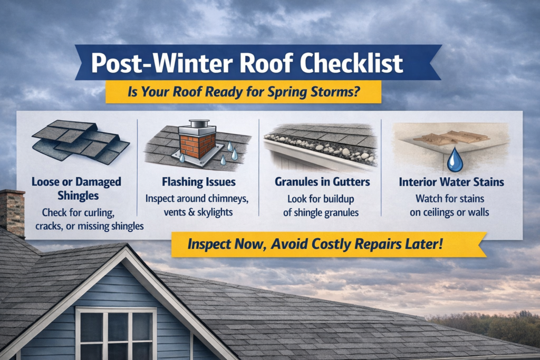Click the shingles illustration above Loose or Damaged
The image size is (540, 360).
click(80, 142)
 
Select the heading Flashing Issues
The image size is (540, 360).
click(198, 182)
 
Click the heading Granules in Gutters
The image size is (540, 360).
click(322, 182)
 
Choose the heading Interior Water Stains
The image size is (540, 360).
click(451, 182)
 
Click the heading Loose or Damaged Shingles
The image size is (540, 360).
click(76, 189)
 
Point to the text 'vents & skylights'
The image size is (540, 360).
click(198, 212)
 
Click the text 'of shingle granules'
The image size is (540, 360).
click(323, 213)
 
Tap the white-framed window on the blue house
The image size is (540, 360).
click(116, 334)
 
